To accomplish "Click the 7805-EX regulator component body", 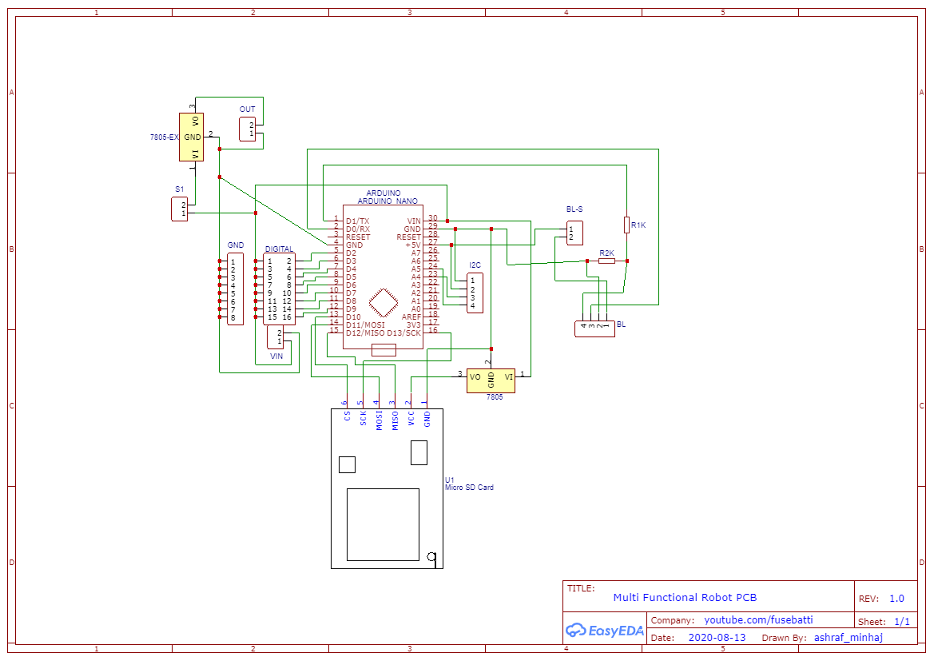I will point(194,137).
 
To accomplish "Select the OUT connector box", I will point(248,129).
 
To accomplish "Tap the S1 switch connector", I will point(179,209).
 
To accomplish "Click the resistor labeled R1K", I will point(627,225).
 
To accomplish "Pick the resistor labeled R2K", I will point(607,261).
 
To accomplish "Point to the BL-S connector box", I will point(574,233).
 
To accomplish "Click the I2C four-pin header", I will point(475,293).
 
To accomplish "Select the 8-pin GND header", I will point(235,289).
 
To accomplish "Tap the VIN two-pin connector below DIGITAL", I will point(275,336).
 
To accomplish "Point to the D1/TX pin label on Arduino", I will point(357,221).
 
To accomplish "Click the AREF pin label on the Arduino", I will point(411,317).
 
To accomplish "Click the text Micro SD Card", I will point(469,488).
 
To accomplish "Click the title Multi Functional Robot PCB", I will point(684,597).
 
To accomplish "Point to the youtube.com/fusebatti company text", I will point(757,620).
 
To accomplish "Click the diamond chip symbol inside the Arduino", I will point(384,303).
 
